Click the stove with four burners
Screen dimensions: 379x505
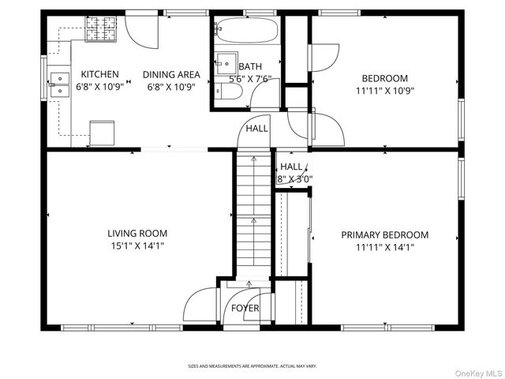(x=100, y=29)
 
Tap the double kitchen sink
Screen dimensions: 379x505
(x=60, y=84)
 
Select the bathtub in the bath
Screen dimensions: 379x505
(x=246, y=32)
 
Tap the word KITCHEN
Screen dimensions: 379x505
(x=98, y=75)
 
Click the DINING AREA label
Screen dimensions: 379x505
(x=171, y=75)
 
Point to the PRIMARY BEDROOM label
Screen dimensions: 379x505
(x=384, y=235)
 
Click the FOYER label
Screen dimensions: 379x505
(x=245, y=308)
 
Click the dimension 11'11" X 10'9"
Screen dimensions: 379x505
(x=384, y=90)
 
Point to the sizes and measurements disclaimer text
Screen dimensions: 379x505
(x=252, y=366)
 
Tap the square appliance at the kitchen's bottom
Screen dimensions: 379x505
(x=102, y=133)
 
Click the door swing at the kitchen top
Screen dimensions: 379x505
(x=142, y=28)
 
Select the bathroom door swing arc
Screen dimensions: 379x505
(x=266, y=96)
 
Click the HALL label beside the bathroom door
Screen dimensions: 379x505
(x=256, y=129)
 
